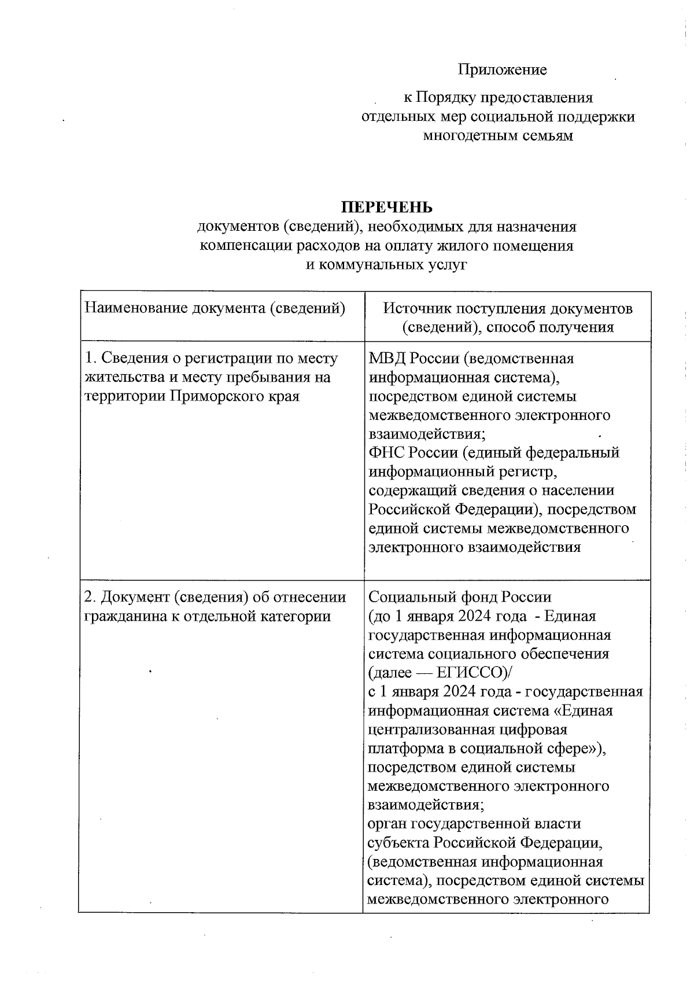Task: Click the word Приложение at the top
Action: tap(502, 70)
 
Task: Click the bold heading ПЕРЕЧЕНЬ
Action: tap(386, 207)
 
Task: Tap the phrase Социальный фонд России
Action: tap(460, 596)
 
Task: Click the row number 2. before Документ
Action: tap(90, 596)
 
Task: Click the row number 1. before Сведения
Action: tap(90, 358)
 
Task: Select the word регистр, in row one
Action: tap(532, 471)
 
